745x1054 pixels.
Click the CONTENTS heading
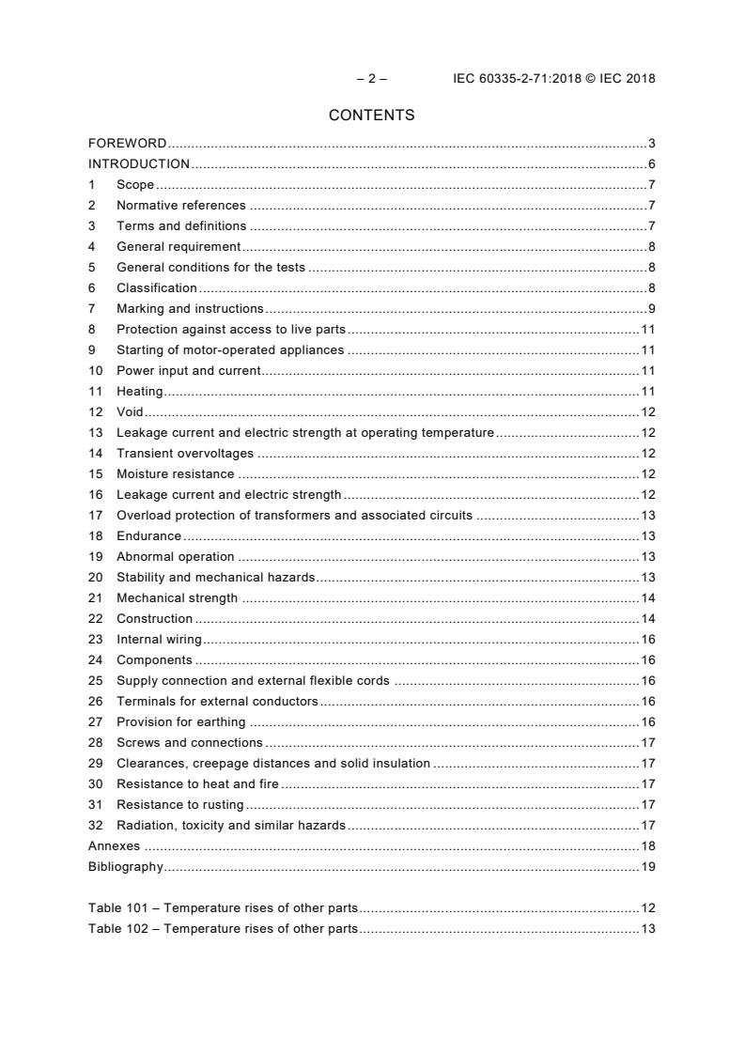tap(371, 116)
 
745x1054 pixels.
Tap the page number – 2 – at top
tap(371, 79)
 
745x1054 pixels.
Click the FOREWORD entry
tap(127, 144)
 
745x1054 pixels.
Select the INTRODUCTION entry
tap(139, 164)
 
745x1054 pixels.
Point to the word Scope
tap(135, 185)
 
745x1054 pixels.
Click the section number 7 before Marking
tap(92, 309)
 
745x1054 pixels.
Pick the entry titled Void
tap(130, 412)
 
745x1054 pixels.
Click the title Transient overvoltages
tap(185, 454)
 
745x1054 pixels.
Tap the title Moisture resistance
tap(176, 474)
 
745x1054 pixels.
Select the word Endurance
tap(148, 536)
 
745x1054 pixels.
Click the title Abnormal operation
tap(176, 557)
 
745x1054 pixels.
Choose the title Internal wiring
tap(159, 640)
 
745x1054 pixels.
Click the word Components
tap(154, 660)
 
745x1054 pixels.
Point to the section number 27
tap(95, 722)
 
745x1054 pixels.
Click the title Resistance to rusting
tap(180, 805)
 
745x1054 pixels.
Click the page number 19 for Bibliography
tap(648, 867)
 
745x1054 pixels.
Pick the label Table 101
tap(121, 908)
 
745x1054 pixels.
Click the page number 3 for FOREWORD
tap(651, 144)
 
